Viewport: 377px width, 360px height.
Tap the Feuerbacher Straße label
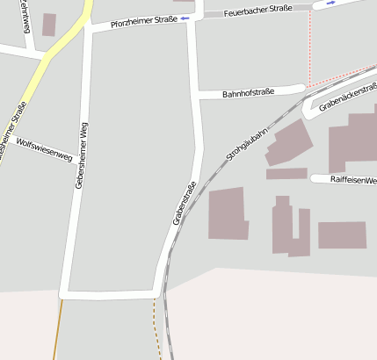pos(257,11)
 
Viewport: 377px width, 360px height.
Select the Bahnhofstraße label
pos(249,92)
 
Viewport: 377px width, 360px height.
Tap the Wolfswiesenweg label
pos(44,148)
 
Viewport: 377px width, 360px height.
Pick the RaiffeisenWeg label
pos(352,180)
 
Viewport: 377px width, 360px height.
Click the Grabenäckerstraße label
pos(348,97)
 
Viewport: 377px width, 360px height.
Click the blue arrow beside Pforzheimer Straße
pos(185,18)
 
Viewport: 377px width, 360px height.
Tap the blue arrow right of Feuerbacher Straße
pos(330,4)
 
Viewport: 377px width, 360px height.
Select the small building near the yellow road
pos(48,25)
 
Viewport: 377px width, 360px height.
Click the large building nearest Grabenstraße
pos(228,212)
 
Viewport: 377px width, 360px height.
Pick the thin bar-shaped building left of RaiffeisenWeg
pos(286,174)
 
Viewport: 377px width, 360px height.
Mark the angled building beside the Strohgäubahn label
pos(288,142)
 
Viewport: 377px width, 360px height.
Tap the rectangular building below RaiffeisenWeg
pos(342,234)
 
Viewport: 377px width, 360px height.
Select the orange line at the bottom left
pos(58,329)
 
